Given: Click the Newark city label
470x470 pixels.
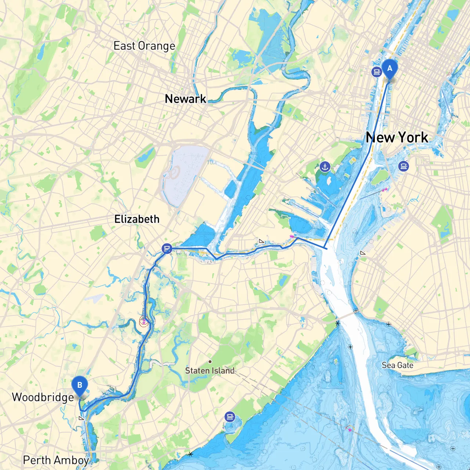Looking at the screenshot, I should (x=185, y=99).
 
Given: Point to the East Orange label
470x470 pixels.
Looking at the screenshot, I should (x=144, y=46).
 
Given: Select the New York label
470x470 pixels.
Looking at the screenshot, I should (x=397, y=138).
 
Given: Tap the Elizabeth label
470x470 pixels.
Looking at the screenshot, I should (x=137, y=219).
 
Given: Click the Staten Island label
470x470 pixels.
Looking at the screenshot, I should (x=210, y=371).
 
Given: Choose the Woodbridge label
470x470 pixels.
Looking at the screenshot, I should (x=43, y=397).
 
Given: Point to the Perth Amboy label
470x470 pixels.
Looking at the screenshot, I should (x=56, y=460).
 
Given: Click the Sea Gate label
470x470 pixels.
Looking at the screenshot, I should (x=397, y=365).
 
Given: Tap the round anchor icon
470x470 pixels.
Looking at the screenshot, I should (x=325, y=167).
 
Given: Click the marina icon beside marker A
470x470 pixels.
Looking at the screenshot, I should (x=377, y=72).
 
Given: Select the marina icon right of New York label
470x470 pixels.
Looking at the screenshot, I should (x=404, y=166).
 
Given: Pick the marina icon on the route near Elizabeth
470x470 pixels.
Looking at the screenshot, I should (x=167, y=249).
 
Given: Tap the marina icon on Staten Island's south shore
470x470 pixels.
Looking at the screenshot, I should (x=230, y=417).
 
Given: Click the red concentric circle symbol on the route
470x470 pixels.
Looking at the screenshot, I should (x=144, y=322).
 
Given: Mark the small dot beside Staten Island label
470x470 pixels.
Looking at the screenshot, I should (x=210, y=362).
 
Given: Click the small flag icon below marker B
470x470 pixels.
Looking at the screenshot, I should (x=82, y=418).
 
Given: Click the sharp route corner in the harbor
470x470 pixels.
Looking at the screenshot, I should (x=326, y=249).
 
